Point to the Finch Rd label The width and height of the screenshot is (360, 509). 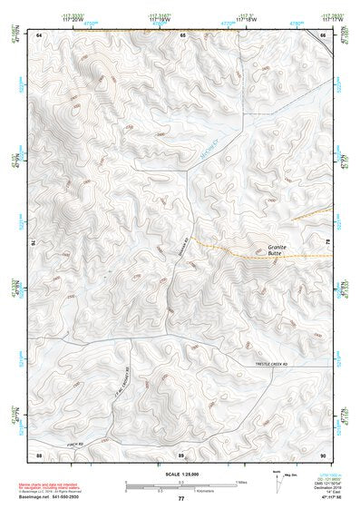click(74, 444)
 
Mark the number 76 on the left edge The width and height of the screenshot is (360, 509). click(35, 242)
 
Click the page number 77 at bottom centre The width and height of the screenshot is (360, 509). click(181, 499)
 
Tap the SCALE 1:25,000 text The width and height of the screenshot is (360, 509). click(181, 474)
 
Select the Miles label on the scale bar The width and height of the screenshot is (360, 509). click(242, 482)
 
